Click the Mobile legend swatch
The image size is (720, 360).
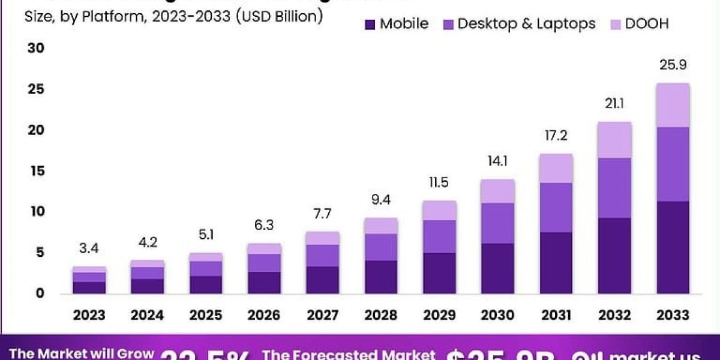point(370,24)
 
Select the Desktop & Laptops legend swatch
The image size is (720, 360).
point(448,24)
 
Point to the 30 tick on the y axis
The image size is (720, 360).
point(36,49)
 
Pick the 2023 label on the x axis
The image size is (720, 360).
point(89,315)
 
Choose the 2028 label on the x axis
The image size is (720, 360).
point(381,315)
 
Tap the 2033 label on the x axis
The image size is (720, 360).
point(673,315)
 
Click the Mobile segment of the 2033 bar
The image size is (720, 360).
point(673,247)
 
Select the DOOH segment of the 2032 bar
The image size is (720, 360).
point(614,140)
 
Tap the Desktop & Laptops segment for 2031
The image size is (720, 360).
point(556,207)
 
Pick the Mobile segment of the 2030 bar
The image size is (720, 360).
point(497,268)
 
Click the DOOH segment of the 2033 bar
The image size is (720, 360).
point(673,105)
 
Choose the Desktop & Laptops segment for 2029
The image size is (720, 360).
point(439,236)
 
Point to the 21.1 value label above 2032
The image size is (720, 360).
point(614,103)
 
